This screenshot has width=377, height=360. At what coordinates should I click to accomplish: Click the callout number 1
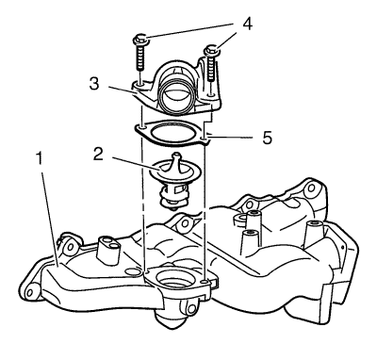(39, 158)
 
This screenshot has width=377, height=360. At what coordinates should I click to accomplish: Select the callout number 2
(98, 154)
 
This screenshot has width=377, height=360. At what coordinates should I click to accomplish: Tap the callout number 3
(94, 84)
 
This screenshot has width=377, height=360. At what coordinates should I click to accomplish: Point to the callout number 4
(247, 25)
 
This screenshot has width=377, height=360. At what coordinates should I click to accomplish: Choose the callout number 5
(268, 138)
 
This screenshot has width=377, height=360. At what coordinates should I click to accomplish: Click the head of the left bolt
(140, 40)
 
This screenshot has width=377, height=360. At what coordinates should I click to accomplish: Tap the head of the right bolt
(211, 51)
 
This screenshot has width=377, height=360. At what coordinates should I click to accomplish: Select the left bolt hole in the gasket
(142, 127)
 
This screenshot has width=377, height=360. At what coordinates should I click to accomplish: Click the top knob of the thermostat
(177, 156)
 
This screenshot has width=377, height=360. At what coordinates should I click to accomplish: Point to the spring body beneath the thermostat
(172, 197)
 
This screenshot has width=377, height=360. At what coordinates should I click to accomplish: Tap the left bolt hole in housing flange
(140, 84)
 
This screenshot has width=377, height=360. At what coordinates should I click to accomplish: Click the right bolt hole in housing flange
(212, 94)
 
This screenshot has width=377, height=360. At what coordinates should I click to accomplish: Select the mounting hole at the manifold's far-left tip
(29, 293)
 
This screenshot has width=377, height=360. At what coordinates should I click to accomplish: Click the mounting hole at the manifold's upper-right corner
(311, 188)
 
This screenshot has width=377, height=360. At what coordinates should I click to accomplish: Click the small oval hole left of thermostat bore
(131, 270)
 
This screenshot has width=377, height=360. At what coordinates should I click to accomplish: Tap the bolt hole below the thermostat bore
(190, 309)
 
